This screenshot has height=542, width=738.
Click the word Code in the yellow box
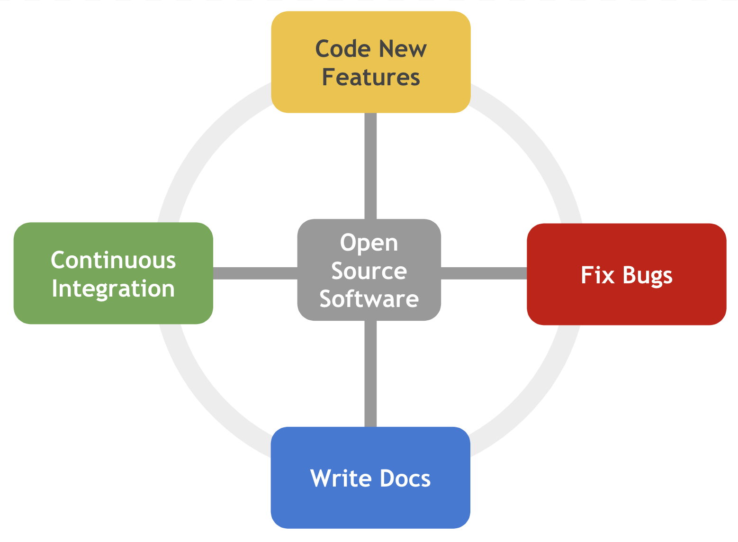pos(343,49)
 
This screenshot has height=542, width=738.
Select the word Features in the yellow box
pos(371,78)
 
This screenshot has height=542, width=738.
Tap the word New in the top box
pos(403,49)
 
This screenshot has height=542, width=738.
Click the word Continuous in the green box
pos(114,260)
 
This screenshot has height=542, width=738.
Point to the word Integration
pos(113,289)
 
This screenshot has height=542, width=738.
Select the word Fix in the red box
pos(597,275)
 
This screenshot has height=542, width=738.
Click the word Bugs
pos(648,276)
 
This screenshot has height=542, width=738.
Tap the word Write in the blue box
pos(341,479)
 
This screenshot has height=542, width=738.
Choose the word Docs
pos(405,479)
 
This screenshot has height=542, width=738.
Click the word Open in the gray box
pos(369,243)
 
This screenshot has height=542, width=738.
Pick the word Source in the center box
pos(369,271)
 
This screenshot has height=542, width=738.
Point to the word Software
pos(369,299)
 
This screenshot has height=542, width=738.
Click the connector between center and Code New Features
pos(370,166)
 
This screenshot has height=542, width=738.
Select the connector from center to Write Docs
pos(370,374)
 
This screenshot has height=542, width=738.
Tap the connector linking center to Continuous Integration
pos(255,273)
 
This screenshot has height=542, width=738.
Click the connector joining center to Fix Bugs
pos(484,273)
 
